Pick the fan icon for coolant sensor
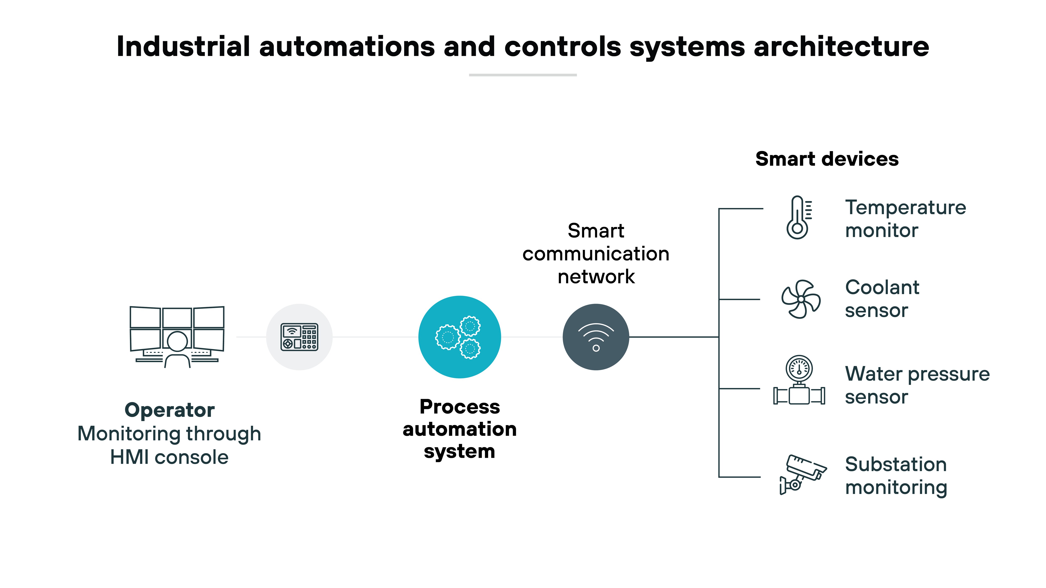click(x=801, y=299)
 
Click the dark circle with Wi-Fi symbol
click(x=596, y=337)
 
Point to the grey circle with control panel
click(x=299, y=337)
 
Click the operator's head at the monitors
click(x=177, y=341)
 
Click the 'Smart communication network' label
click(x=596, y=254)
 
